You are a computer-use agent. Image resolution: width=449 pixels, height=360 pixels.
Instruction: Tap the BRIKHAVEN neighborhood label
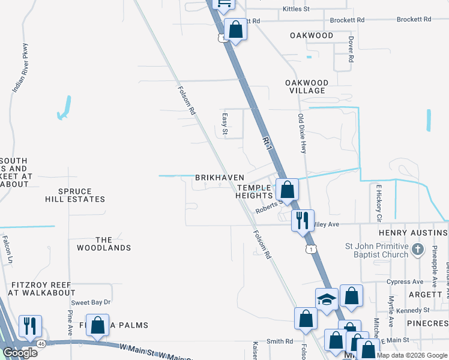pyautogui.click(x=220, y=178)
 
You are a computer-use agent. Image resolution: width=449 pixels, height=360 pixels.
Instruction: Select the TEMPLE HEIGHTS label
pyautogui.click(x=255, y=191)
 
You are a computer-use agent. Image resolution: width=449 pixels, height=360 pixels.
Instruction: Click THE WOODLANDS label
pyautogui.click(x=104, y=244)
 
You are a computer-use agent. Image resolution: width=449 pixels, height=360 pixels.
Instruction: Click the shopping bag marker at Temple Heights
pyautogui.click(x=288, y=189)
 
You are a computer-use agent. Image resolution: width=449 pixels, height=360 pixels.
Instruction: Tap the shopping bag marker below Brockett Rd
pyautogui.click(x=235, y=29)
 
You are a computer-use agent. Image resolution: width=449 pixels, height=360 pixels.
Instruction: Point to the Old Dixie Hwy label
pyautogui.click(x=303, y=133)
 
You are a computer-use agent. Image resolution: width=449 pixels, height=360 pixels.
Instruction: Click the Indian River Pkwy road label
pyautogui.click(x=20, y=75)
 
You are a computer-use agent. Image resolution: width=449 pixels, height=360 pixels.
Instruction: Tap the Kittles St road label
pyautogui.click(x=296, y=9)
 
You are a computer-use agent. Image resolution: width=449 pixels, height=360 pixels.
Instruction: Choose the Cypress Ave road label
pyautogui.click(x=405, y=281)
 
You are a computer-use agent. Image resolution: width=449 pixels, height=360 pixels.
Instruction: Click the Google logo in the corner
pyautogui.click(x=20, y=353)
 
